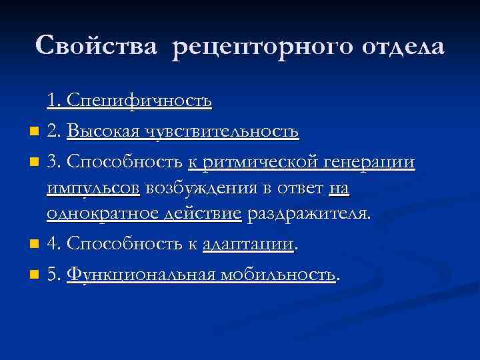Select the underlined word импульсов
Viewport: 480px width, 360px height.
point(93,189)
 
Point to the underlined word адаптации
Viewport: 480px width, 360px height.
point(249,244)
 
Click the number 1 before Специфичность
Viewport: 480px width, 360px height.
point(51,101)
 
